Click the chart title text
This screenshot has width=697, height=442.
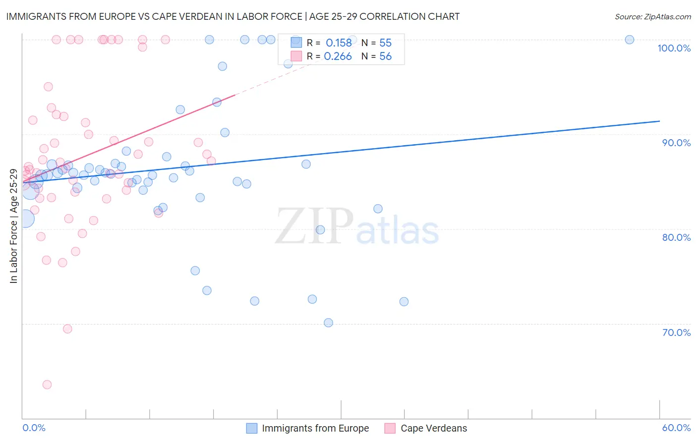[x=232, y=16]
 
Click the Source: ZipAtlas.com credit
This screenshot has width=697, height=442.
[x=652, y=16]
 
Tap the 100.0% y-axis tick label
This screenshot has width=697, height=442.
[x=674, y=48]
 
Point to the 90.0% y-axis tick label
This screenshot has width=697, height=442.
[x=676, y=143]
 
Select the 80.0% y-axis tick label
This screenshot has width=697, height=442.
[x=676, y=237]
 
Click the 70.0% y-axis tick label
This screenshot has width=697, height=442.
[x=676, y=332]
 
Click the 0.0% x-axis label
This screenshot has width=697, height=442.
[x=34, y=428]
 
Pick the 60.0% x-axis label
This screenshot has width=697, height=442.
[x=676, y=428]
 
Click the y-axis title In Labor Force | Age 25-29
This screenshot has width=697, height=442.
[x=13, y=226]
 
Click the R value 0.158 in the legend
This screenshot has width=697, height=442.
[x=339, y=43]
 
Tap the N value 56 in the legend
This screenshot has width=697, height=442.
[x=385, y=56]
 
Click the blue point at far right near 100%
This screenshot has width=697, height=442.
[x=629, y=40]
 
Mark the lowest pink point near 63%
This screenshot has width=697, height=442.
[x=47, y=385]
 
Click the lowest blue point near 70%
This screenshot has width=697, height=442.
[x=328, y=323]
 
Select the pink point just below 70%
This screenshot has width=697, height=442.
[x=67, y=329]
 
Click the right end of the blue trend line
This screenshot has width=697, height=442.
[x=659, y=121]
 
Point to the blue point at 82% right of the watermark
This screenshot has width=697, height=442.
[x=378, y=209]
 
